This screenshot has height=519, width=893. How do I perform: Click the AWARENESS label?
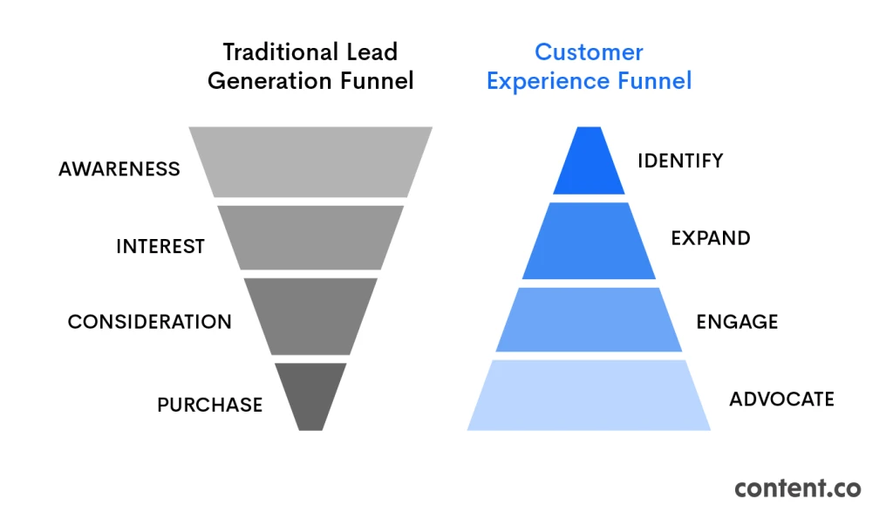point(119,168)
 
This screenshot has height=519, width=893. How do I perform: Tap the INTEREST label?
point(160,247)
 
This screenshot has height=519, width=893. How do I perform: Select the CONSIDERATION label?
point(150,322)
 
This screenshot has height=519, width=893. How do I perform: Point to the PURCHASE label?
point(209,405)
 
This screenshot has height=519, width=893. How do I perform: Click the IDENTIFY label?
point(680,160)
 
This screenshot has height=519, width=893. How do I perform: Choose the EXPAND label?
point(710,238)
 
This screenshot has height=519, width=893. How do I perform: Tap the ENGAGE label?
point(737,322)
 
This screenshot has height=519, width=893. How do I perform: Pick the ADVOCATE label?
point(781,399)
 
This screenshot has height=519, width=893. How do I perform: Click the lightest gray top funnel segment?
point(310,161)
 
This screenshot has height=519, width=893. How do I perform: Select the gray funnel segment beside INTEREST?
point(310,237)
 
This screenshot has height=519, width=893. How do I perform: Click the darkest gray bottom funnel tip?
point(310,394)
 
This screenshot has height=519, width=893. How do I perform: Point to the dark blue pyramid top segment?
point(589,163)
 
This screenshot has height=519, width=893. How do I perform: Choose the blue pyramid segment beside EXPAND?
point(589,241)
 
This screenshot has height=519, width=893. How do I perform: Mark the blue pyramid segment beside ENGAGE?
point(589,319)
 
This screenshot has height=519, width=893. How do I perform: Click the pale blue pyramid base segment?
point(589,395)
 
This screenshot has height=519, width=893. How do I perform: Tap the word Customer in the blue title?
point(589,52)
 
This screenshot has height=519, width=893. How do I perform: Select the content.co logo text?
point(797,488)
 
